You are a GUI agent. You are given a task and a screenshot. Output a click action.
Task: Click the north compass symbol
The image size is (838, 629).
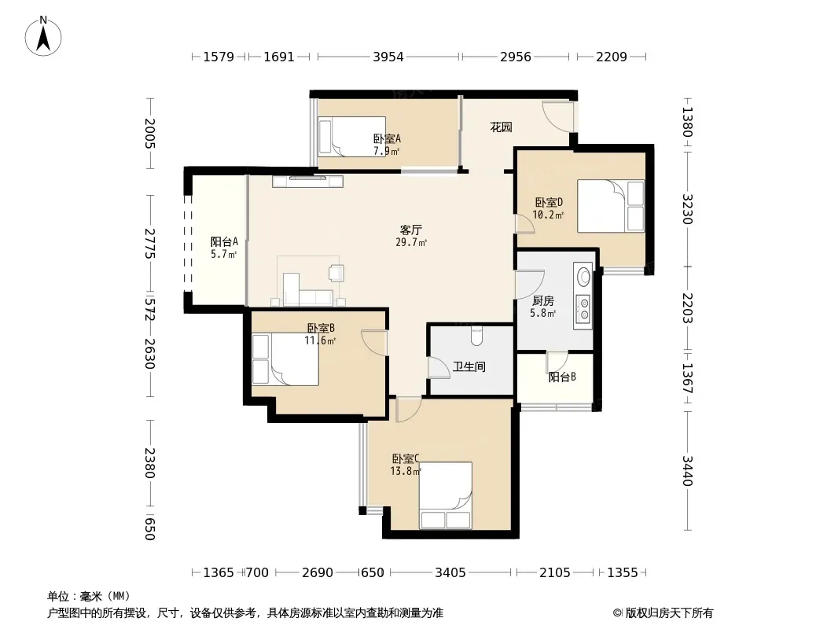(43, 36)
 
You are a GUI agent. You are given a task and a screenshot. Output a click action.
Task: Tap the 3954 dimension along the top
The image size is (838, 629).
(388, 57)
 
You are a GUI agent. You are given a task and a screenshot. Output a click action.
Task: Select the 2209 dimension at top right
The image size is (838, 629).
(612, 57)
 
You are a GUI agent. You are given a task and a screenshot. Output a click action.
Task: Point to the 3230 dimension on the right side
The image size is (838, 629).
(687, 209)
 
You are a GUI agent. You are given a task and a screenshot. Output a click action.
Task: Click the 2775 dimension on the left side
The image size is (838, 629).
(149, 244)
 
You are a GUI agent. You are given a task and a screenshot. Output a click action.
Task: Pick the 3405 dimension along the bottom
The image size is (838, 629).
(450, 573)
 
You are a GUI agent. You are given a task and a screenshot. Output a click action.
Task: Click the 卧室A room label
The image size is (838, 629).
(387, 139)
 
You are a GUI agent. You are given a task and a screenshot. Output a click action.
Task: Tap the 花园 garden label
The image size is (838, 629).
(502, 127)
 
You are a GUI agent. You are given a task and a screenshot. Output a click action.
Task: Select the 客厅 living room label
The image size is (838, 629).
(411, 230)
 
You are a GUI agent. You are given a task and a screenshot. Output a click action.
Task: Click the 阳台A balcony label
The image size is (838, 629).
(224, 241)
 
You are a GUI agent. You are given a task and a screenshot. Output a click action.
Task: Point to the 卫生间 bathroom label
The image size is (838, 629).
(469, 366)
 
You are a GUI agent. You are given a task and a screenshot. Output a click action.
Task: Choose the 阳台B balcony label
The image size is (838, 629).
(562, 377)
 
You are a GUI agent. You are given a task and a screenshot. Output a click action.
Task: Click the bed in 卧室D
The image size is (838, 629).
(611, 206)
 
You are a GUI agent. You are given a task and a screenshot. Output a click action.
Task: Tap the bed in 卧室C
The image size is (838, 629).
(445, 495)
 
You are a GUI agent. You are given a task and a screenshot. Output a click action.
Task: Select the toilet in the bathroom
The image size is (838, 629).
(476, 336)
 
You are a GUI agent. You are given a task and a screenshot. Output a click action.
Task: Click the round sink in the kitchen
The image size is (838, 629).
(584, 277)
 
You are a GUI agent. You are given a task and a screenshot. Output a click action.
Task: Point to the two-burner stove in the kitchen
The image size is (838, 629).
(583, 309)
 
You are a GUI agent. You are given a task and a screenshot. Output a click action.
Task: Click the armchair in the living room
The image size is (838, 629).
(336, 273)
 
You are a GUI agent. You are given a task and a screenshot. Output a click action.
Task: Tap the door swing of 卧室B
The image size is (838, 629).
(374, 343)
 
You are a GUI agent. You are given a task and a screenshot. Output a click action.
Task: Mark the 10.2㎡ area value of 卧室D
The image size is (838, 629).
(549, 215)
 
